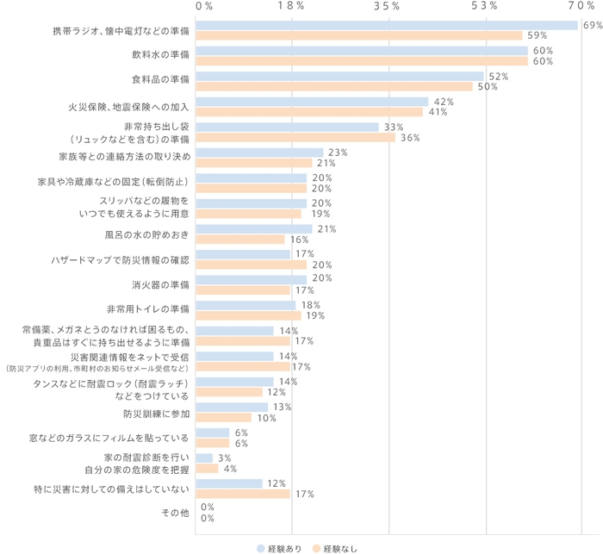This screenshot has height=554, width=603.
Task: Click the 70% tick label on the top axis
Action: (581, 6)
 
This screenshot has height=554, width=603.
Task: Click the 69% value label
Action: (592, 25)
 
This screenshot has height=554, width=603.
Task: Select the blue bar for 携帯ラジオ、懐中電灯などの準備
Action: (387, 25)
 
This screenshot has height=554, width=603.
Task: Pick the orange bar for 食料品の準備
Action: (334, 86)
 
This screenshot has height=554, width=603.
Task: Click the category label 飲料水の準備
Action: (155, 56)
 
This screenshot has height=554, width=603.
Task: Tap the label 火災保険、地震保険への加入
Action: (128, 107)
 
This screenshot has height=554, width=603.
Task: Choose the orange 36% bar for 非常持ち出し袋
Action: (295, 137)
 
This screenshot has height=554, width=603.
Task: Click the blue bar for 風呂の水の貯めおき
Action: (254, 228)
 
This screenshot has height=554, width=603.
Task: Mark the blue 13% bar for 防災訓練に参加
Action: (232, 407)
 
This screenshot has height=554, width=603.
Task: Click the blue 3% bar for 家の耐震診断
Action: (204, 458)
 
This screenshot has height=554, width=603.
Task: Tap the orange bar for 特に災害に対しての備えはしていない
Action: (243, 494)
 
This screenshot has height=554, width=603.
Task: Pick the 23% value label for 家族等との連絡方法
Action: (337, 152)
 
